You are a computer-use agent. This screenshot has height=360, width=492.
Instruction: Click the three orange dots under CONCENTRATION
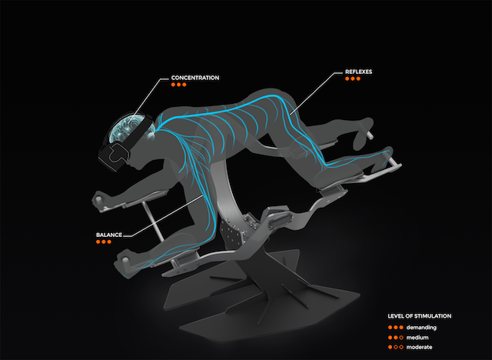click(x=178, y=85)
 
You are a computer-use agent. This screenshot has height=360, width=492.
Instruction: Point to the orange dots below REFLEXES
click(x=353, y=78)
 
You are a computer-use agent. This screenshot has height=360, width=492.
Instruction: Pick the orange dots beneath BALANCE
click(x=104, y=242)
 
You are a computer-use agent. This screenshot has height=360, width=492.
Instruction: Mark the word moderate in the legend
click(x=421, y=346)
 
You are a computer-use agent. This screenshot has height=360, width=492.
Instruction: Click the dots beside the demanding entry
click(x=395, y=326)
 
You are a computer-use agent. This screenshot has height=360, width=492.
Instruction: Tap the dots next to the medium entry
click(x=395, y=336)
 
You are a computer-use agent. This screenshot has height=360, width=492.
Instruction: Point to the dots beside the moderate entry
click(x=395, y=346)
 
